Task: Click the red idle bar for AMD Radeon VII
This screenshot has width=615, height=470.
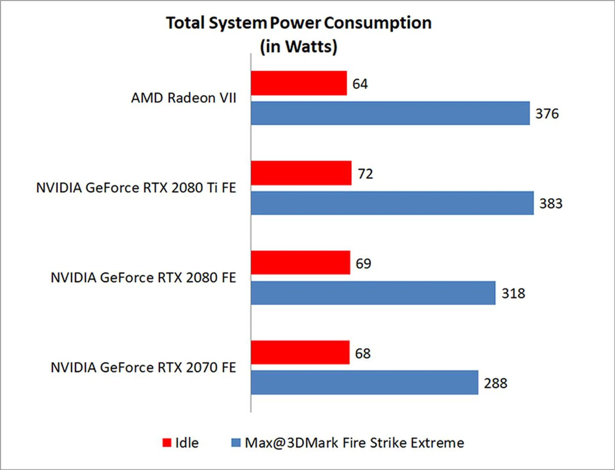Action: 299,83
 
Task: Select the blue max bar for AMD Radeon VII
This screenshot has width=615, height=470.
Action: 390,113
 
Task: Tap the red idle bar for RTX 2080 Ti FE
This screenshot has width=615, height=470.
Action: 301,173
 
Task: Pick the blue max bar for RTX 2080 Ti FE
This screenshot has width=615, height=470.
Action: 392,203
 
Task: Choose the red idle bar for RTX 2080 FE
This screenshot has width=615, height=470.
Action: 300,263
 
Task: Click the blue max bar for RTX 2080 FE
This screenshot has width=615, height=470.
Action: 373,293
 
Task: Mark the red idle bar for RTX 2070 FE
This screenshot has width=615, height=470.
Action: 300,353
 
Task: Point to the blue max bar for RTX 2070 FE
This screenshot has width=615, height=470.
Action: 364,382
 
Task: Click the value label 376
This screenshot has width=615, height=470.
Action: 547,114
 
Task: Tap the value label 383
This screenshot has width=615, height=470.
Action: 551,204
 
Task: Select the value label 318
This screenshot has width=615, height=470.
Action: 513,293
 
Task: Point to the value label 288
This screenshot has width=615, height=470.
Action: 496,383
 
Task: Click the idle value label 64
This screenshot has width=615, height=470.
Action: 360,84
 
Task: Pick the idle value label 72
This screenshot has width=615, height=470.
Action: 365,174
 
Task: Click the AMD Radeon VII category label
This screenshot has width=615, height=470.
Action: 184,98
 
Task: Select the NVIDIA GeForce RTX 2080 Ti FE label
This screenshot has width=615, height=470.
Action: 136,188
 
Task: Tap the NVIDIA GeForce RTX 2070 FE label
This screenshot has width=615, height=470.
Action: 143,367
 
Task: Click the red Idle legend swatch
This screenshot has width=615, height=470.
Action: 167,443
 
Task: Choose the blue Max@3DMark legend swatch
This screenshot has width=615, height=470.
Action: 236,443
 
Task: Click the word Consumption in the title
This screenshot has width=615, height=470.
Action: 378,23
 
